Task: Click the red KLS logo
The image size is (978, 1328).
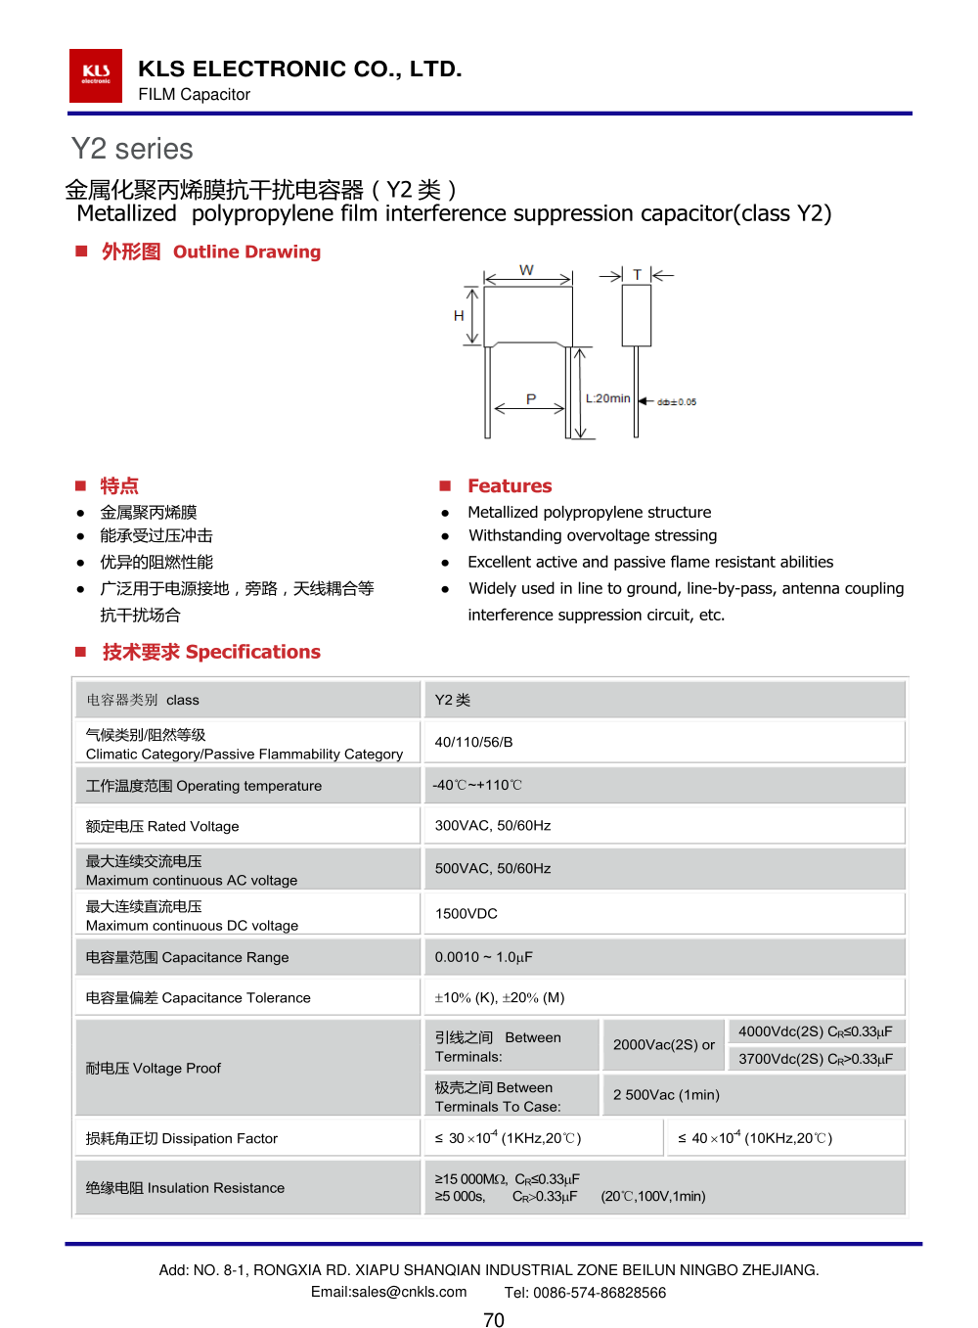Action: tap(96, 75)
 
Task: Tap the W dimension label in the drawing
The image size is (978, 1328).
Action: tap(526, 270)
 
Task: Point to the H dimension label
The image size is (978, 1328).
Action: tap(459, 316)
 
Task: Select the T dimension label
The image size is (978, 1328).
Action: tap(637, 275)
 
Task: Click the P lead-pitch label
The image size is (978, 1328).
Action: tap(531, 399)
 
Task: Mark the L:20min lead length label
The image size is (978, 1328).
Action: tap(608, 398)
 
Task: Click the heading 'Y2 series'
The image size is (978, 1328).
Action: tap(132, 149)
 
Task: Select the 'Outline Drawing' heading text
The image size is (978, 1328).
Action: tap(246, 252)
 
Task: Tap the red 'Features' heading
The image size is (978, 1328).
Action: tap(510, 485)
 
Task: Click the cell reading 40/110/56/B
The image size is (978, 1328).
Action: tap(473, 742)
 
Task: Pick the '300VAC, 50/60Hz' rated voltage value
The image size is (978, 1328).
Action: tap(493, 825)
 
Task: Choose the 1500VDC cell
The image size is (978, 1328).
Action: tap(467, 913)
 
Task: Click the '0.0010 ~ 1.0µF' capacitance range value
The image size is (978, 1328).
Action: tap(484, 957)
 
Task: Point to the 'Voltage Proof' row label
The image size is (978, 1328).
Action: tap(154, 1068)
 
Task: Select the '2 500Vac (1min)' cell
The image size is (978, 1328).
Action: tap(666, 1094)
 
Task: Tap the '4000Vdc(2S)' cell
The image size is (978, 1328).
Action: tap(815, 1031)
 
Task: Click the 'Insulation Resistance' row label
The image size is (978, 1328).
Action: tap(185, 1187)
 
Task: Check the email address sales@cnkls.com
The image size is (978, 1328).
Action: tap(388, 1292)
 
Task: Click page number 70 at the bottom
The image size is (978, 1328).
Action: tap(494, 1320)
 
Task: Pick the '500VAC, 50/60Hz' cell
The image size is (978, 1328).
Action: tap(493, 868)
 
